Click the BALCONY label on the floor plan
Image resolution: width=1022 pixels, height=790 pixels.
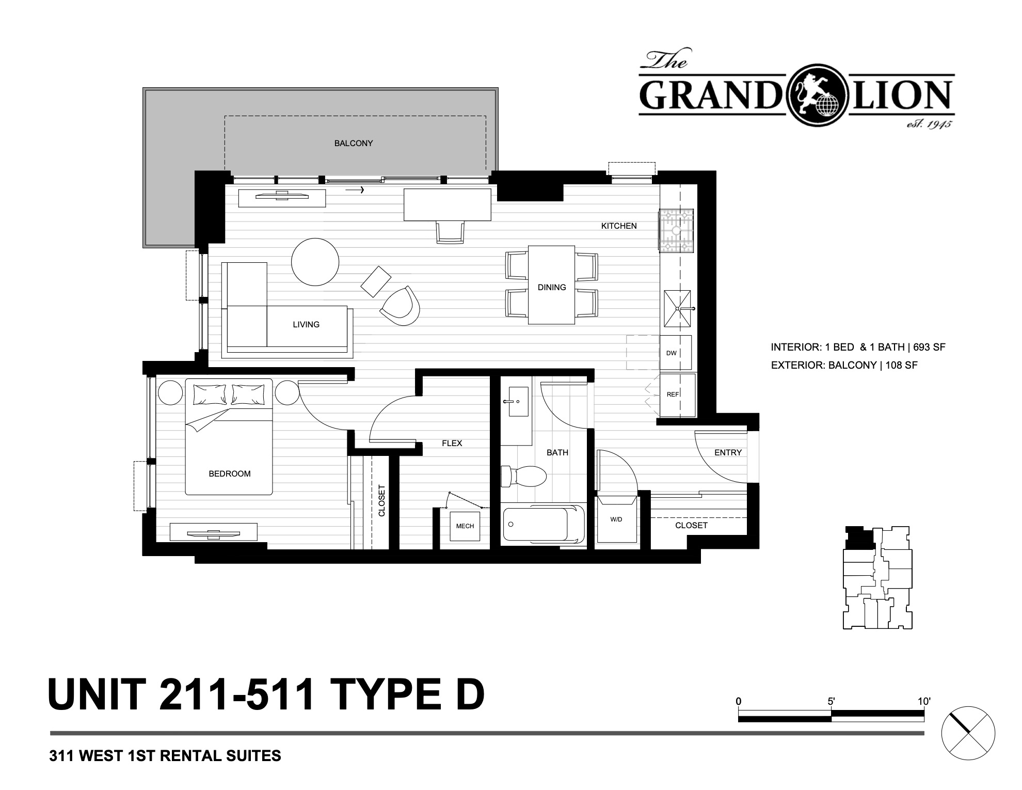pos(354,143)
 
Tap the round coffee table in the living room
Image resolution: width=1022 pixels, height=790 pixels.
pos(315,262)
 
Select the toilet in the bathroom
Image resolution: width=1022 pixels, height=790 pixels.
pos(524,476)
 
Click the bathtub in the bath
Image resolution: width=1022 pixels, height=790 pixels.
pos(543,524)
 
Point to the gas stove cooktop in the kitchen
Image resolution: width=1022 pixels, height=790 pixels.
pos(676,231)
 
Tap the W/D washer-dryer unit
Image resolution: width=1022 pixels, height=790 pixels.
pos(617,519)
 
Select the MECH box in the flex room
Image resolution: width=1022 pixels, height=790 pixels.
pos(465,526)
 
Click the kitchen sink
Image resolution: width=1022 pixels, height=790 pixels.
pos(677,309)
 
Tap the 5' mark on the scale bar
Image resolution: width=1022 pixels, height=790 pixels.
pos(831,702)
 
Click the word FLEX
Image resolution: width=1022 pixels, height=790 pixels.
pos(452,443)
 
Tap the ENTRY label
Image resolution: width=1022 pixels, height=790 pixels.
pos(728,452)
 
